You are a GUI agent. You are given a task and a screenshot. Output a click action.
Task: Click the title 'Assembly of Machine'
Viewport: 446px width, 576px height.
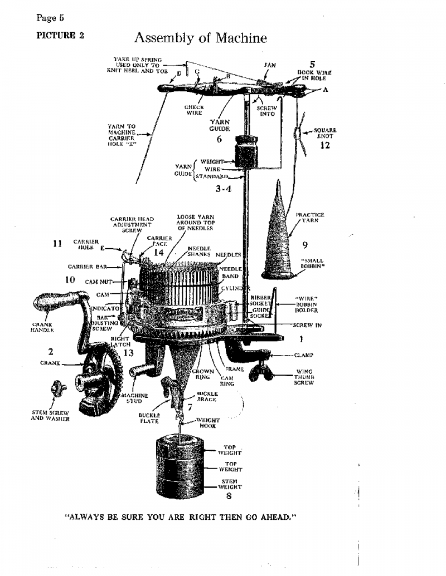(200, 38)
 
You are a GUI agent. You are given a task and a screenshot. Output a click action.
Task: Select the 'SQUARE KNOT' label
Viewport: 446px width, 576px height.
(323, 132)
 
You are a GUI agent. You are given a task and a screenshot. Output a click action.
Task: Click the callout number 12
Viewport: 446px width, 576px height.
(326, 146)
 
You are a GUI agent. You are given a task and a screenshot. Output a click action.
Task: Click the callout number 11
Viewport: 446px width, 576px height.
(57, 243)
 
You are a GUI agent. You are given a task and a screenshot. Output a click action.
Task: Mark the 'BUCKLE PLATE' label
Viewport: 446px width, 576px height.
(149, 418)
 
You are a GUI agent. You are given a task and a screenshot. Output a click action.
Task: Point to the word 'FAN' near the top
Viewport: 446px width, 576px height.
(270, 65)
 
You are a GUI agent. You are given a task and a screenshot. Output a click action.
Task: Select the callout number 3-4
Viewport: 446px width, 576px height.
(224, 189)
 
